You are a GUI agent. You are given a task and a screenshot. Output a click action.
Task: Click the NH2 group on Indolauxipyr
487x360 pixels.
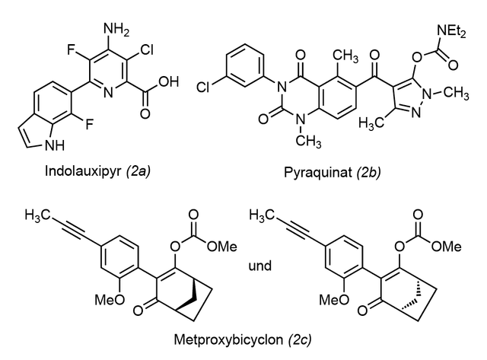point(116,30)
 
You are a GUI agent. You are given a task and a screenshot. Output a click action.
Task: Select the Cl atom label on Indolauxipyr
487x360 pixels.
point(146,49)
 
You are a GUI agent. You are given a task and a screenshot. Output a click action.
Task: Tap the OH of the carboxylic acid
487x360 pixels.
point(169,81)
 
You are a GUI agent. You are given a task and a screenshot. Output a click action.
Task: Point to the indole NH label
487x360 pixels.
point(55,145)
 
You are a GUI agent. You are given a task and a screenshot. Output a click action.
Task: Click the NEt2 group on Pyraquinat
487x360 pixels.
point(451,31)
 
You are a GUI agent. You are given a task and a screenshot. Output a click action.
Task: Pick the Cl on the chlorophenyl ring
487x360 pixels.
point(203,88)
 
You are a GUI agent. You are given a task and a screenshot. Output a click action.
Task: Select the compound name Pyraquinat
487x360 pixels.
point(318,172)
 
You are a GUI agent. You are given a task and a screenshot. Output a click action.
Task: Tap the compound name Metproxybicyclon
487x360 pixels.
point(228,339)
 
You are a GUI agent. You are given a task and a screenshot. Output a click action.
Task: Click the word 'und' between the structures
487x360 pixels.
point(260,266)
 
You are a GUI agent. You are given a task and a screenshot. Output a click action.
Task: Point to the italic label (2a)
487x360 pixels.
point(138,171)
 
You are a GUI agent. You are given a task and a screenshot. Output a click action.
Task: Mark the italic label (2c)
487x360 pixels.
point(300,339)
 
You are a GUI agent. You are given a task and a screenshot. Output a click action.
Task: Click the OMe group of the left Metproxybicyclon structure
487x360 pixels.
point(222,247)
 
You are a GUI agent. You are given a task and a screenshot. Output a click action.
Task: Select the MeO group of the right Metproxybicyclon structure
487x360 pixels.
point(335,300)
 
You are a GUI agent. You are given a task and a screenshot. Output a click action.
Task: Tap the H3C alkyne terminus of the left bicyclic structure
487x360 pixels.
point(37,215)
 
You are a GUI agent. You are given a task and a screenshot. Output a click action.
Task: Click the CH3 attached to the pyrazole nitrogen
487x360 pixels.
point(456,93)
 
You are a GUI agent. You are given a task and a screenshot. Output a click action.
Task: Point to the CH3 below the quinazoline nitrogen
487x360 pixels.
point(308,142)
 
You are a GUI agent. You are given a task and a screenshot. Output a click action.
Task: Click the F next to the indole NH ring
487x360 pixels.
point(90,125)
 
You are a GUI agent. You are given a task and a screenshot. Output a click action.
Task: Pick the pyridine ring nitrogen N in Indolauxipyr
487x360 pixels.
point(108,93)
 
